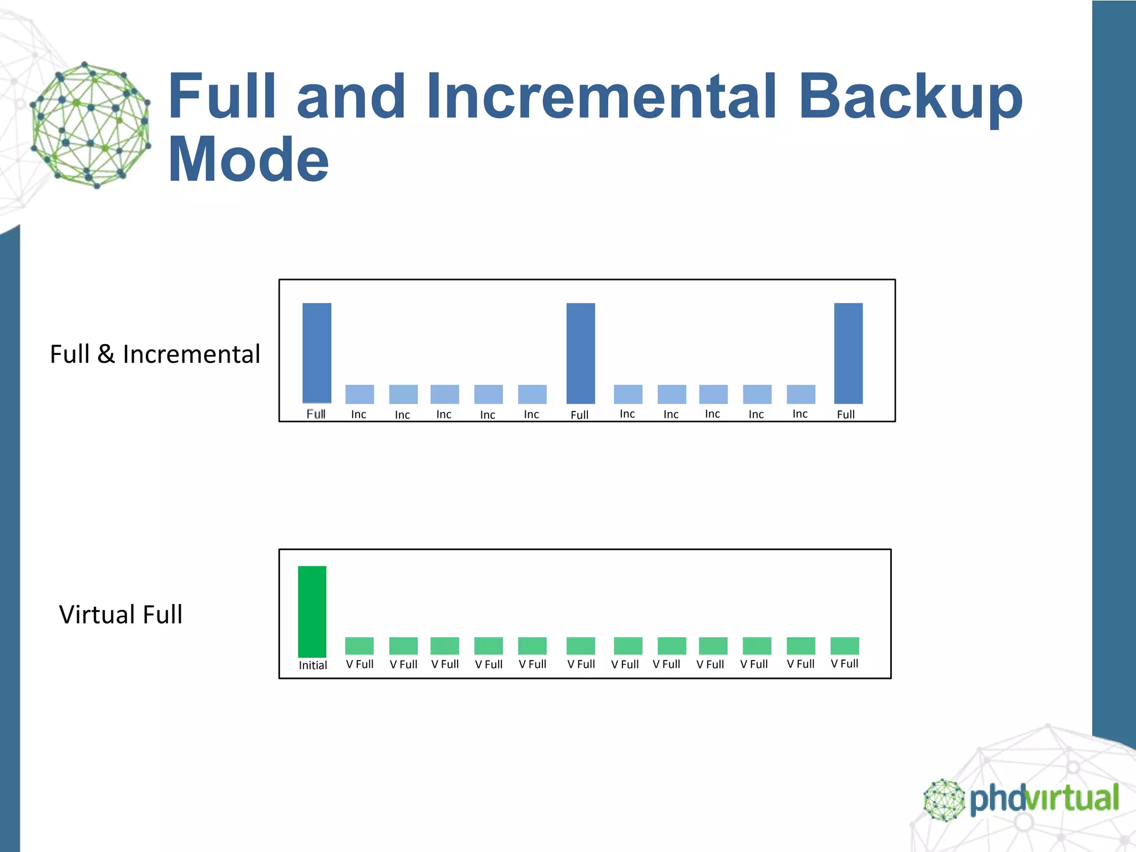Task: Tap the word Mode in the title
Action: click(x=248, y=160)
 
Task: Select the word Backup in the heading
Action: click(x=910, y=98)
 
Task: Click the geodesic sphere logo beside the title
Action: click(x=90, y=125)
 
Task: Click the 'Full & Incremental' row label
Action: click(x=155, y=354)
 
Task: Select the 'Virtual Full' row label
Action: click(x=120, y=615)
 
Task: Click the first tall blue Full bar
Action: click(x=317, y=353)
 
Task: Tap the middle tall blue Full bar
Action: click(x=581, y=353)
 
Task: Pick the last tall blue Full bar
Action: click(x=848, y=353)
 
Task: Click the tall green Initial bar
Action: click(x=312, y=611)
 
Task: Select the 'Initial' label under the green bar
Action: click(x=313, y=665)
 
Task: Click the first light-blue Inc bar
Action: click(x=359, y=394)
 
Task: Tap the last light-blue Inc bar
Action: click(x=801, y=394)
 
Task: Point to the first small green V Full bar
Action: click(x=359, y=646)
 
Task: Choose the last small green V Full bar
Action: click(x=845, y=646)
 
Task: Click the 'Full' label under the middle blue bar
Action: click(x=580, y=415)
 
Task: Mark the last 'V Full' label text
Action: click(x=844, y=663)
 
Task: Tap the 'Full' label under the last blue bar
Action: click(x=846, y=414)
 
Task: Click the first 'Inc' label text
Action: click(x=359, y=414)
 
